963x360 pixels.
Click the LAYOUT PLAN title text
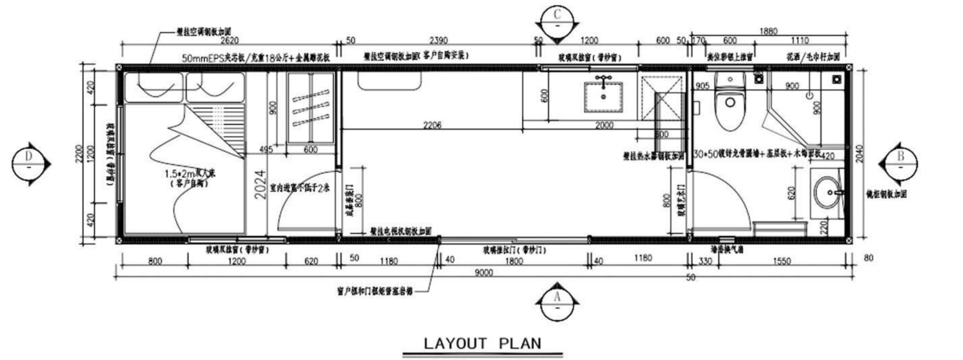(x=482, y=343)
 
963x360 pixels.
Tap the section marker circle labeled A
(x=557, y=301)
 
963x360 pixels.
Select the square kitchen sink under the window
(x=603, y=97)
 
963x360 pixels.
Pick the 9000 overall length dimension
(x=483, y=273)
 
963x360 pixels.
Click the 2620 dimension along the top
(x=229, y=40)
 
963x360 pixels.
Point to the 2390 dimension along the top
(x=438, y=40)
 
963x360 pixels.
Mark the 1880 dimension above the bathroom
(x=768, y=31)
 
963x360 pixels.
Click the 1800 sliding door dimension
(x=514, y=261)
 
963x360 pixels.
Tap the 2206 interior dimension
(x=432, y=125)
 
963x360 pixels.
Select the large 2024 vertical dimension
(x=260, y=185)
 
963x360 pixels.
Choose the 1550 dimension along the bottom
(x=782, y=261)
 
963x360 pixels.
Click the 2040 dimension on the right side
(x=859, y=153)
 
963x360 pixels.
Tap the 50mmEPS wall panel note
(x=256, y=58)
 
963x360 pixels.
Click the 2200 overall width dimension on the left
(x=79, y=153)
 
